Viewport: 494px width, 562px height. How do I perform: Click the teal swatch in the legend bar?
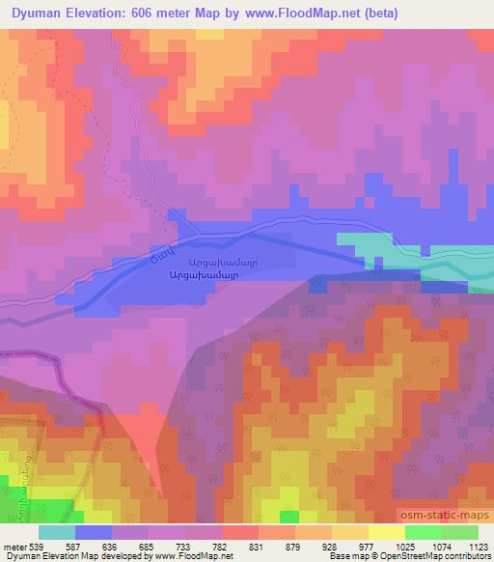(57, 532)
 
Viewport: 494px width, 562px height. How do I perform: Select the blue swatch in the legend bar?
(93, 532)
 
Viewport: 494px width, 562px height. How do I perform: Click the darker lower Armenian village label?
(227, 274)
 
